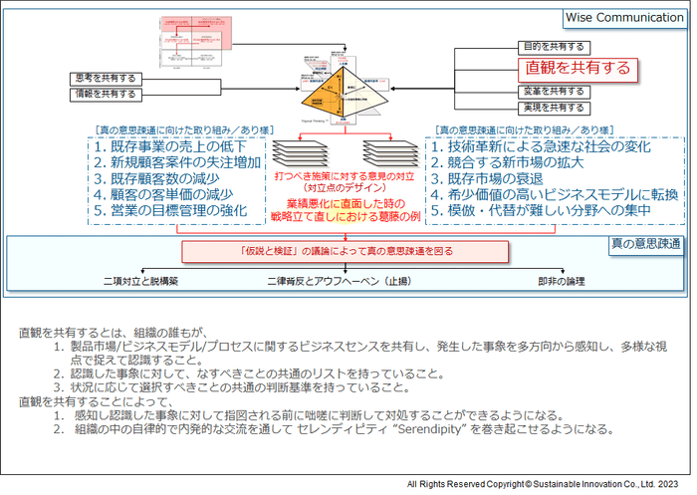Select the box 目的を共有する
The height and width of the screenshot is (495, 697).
[555, 47]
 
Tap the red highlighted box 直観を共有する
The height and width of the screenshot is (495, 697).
[579, 68]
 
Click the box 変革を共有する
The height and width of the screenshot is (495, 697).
[555, 91]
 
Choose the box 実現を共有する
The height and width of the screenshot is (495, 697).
[555, 107]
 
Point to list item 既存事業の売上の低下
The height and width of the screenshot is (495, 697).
[176, 146]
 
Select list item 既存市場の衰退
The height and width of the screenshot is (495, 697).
[488, 178]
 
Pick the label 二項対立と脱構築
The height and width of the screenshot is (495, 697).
[139, 281]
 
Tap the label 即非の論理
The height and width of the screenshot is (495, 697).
[563, 281]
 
